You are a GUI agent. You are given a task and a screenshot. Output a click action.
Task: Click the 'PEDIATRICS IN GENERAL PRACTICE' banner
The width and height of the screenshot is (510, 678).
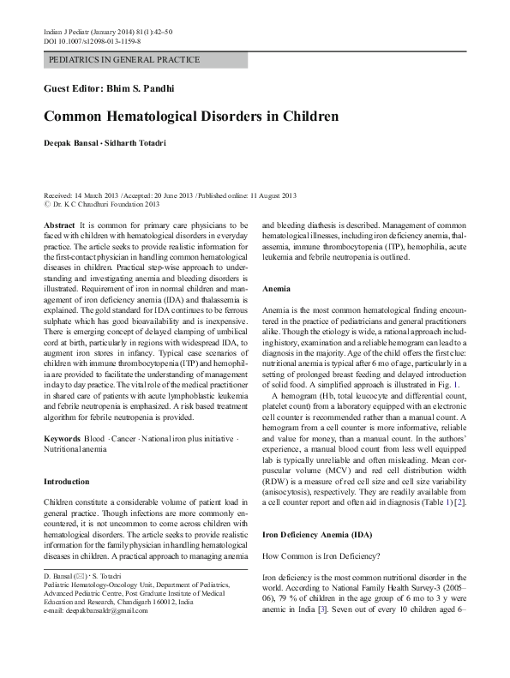tap(124, 60)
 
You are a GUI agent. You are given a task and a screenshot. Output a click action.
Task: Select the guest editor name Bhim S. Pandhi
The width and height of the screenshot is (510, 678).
tap(149, 88)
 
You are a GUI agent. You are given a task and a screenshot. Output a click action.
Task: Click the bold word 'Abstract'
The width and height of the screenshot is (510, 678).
tap(58, 224)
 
